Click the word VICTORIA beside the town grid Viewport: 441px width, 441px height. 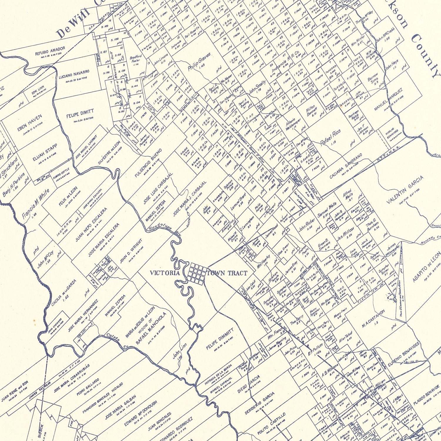tap(164, 273)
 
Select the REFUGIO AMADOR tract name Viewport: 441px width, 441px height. tap(50, 51)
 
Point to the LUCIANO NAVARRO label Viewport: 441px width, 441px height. tap(74, 75)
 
